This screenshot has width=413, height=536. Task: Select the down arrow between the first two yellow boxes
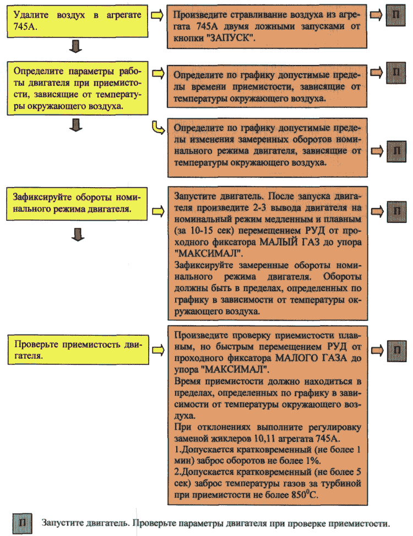77,49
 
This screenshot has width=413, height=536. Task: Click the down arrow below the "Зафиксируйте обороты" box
77,236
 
